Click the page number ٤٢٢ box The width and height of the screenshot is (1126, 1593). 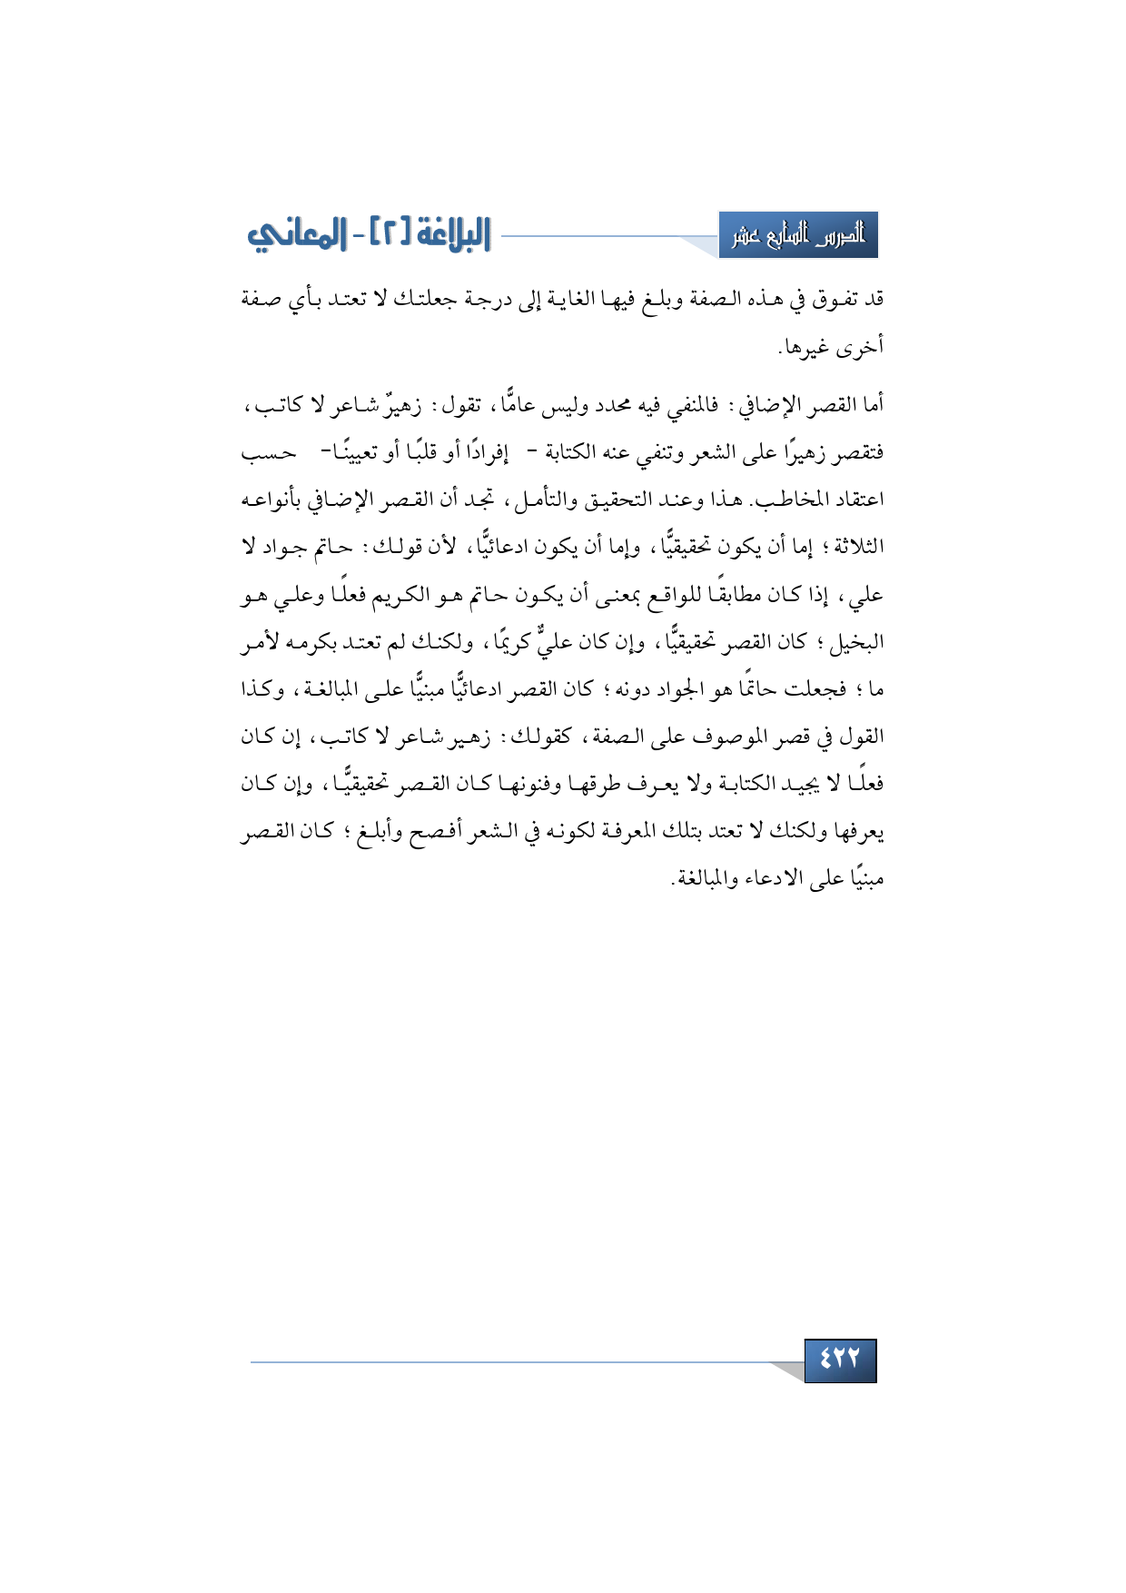point(840,1360)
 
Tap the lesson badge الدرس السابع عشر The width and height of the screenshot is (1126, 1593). point(798,236)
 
